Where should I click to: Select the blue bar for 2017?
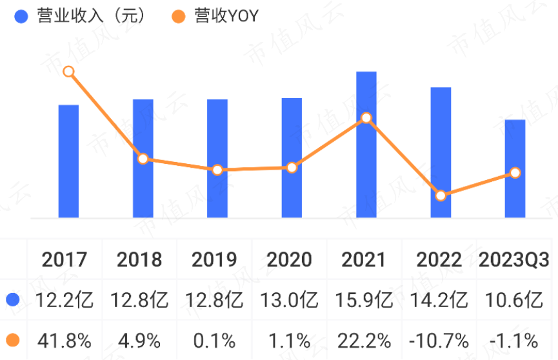(68, 161)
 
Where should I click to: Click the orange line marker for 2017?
(68, 72)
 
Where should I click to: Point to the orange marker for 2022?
(441, 195)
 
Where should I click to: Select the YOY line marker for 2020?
(292, 168)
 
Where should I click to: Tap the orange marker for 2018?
(143, 159)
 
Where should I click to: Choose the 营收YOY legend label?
(226, 16)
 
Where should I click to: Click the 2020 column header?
(289, 260)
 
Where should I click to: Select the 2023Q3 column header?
(514, 260)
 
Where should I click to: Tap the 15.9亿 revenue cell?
(364, 300)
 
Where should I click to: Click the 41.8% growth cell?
(65, 340)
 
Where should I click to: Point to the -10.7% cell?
(439, 340)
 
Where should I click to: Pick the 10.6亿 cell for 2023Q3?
(513, 300)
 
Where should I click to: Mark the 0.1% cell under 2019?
(214, 340)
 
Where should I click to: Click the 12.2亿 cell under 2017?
(65, 300)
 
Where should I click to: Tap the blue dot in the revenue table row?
(12, 300)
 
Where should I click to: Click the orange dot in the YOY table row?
(12, 340)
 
